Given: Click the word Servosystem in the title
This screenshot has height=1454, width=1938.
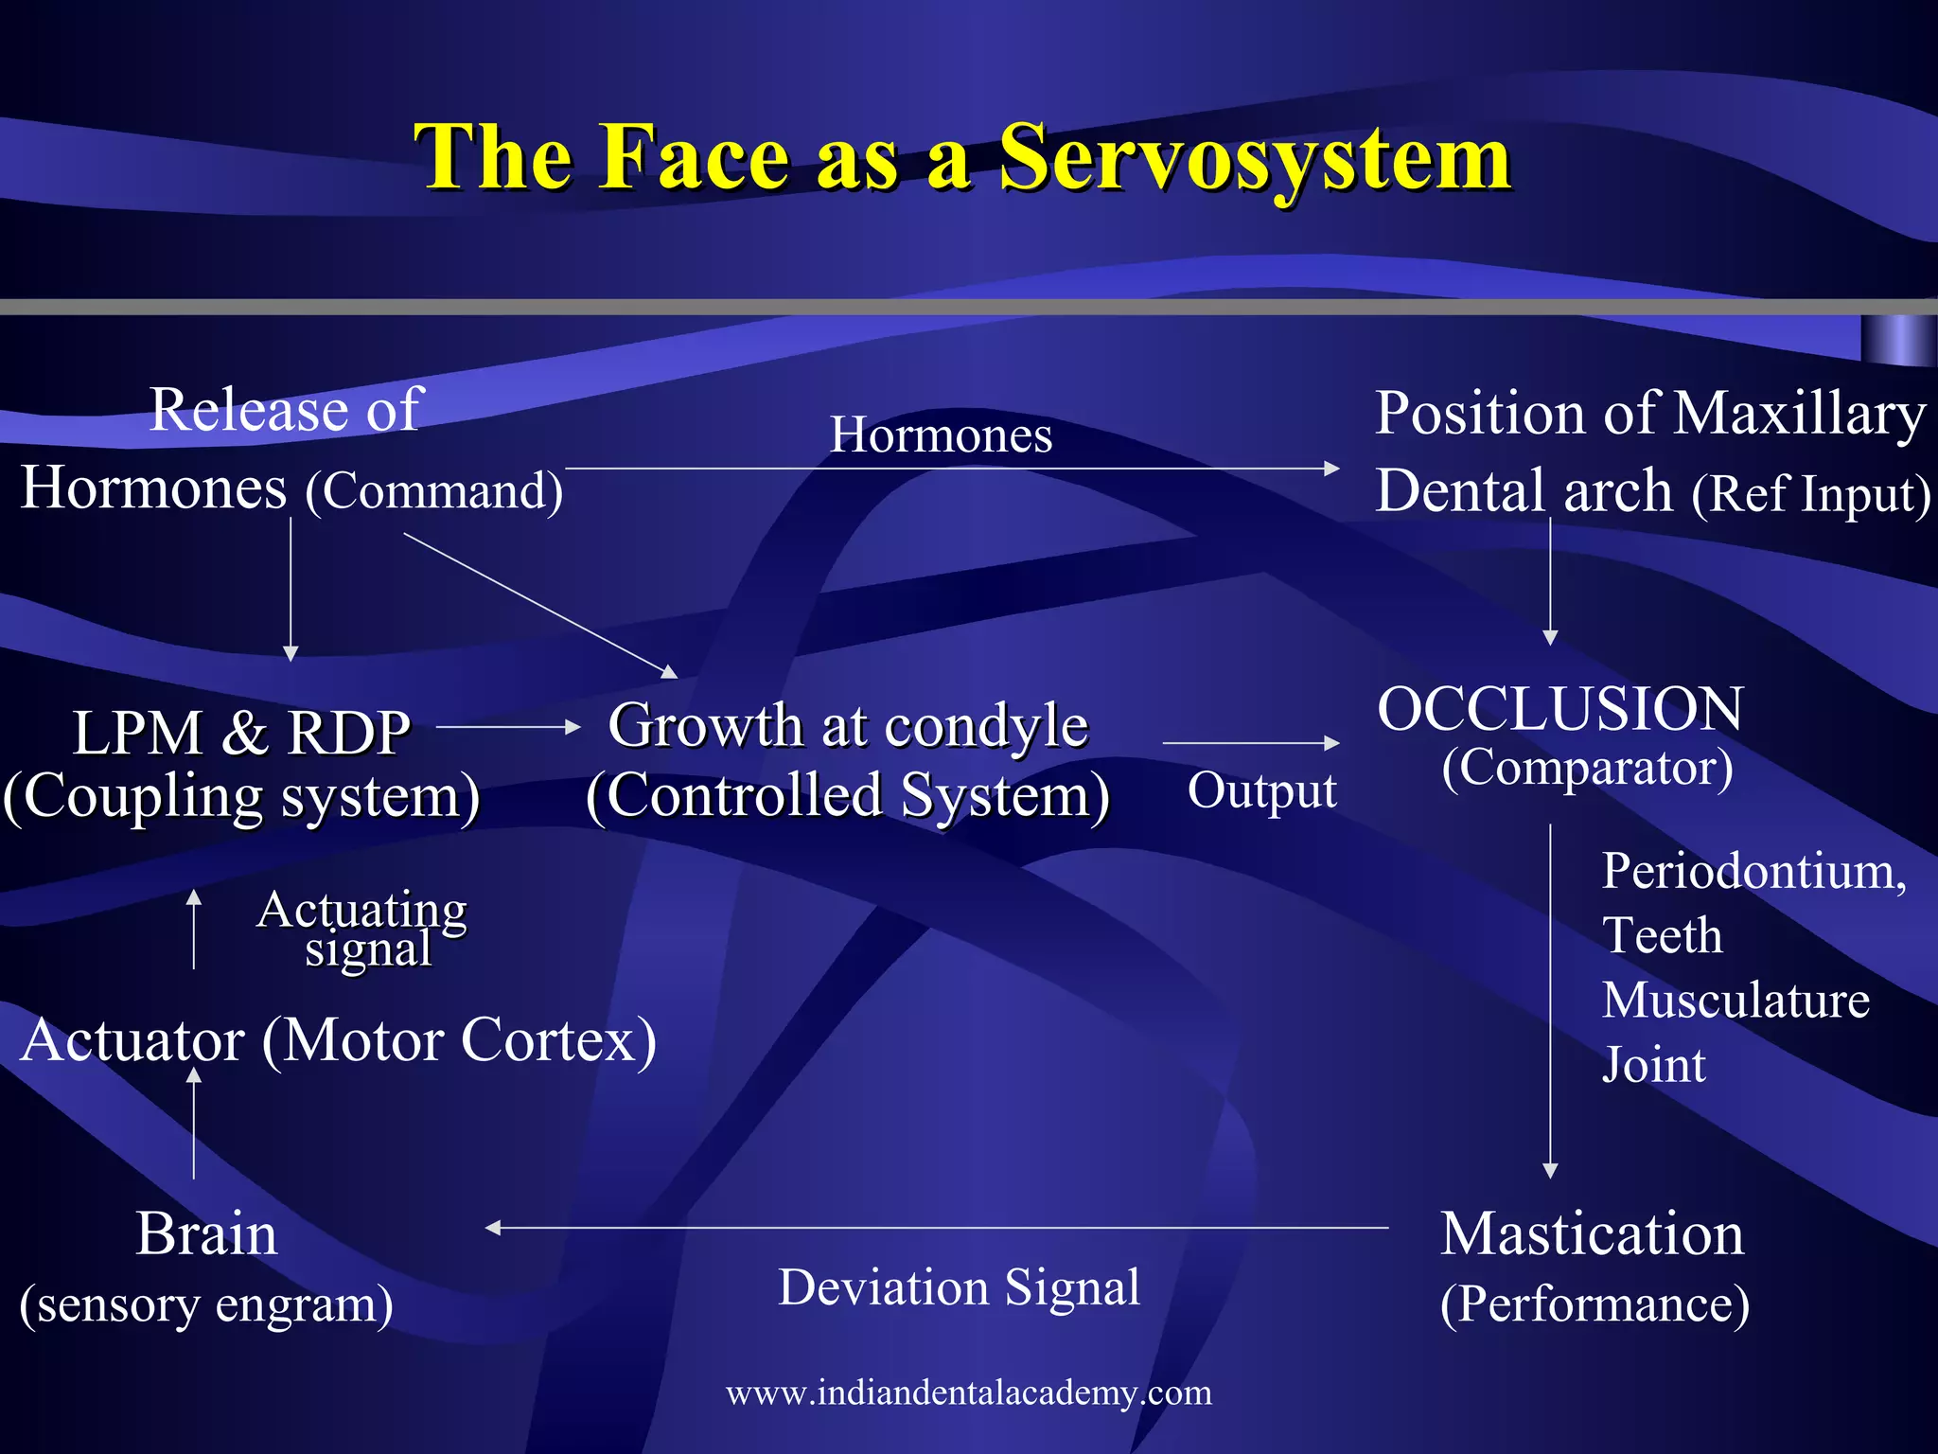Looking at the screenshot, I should [x=1255, y=159].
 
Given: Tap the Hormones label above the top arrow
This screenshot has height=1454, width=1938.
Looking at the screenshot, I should [x=941, y=435].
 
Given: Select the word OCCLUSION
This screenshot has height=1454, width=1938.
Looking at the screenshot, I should [x=1559, y=709].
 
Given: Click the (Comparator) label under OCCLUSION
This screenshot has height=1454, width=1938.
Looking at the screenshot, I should [x=1587, y=768].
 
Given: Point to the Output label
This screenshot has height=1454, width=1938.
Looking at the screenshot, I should [x=1261, y=790].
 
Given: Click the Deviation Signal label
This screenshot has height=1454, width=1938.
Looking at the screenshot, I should [x=959, y=1287].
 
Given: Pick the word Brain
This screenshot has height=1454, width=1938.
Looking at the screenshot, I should [x=206, y=1234].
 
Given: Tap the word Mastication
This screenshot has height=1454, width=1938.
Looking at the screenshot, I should [x=1592, y=1234].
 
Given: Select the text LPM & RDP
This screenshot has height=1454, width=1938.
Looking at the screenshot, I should [x=241, y=733].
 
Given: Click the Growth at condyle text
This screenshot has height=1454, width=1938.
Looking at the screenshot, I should [x=848, y=726].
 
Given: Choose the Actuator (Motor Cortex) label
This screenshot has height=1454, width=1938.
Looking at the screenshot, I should [x=338, y=1040].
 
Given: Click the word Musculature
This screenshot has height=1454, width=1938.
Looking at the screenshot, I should [x=1735, y=1001].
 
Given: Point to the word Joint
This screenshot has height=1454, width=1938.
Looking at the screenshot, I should [x=1653, y=1065].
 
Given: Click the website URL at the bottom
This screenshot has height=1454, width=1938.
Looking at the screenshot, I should [x=968, y=1392].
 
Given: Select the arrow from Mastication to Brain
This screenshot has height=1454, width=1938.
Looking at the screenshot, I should [x=937, y=1228].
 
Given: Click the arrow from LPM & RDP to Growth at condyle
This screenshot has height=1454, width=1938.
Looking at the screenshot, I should [x=508, y=727].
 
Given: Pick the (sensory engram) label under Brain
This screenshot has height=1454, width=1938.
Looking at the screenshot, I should [x=206, y=1305].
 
